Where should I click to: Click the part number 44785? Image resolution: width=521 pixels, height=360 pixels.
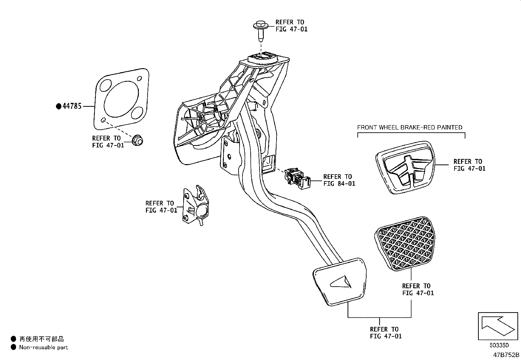[72, 106]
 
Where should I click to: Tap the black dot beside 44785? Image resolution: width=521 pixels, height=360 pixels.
[59, 106]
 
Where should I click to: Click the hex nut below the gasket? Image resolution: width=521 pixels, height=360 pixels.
[137, 141]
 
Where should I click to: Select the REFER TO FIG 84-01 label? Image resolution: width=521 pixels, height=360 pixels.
[339, 180]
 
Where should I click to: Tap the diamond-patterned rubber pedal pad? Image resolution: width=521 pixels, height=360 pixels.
[404, 244]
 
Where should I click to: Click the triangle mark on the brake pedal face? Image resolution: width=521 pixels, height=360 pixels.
[340, 282]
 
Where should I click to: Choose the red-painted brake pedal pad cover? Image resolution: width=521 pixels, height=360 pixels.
[405, 167]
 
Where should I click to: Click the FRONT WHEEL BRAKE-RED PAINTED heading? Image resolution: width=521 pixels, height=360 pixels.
[410, 127]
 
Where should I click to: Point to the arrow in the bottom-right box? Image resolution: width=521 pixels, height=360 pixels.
[498, 326]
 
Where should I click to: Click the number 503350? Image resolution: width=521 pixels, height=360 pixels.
[499, 345]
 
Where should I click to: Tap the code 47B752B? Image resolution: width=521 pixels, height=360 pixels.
[506, 355]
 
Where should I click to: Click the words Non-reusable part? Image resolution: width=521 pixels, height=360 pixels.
[44, 347]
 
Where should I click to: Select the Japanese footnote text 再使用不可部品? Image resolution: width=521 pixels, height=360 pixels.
[42, 339]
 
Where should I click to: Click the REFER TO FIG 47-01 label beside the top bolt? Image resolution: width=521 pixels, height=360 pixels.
[292, 26]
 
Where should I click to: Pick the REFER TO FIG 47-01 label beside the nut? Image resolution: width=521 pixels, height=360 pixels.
[108, 142]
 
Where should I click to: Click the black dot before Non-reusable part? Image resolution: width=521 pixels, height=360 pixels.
[13, 347]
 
